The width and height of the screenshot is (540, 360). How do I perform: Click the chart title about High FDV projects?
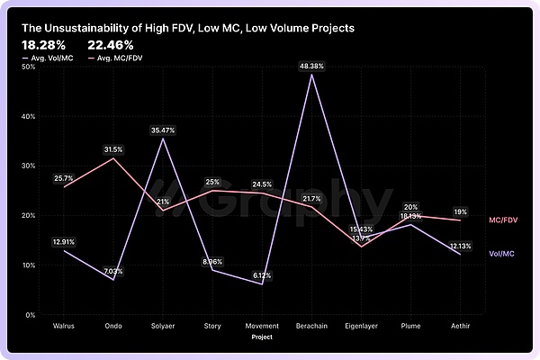click(188, 28)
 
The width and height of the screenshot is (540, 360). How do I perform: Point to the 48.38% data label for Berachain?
click(311, 66)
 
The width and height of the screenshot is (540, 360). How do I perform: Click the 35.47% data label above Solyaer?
click(163, 130)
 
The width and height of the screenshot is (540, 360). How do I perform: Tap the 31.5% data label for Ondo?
click(113, 149)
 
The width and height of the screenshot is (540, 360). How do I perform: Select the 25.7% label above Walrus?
click(63, 178)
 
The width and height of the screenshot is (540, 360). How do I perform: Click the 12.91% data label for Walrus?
click(63, 241)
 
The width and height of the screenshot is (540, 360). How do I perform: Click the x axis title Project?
click(262, 340)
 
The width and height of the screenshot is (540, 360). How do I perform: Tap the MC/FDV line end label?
click(502, 220)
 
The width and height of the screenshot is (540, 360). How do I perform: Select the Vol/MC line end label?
click(501, 254)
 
